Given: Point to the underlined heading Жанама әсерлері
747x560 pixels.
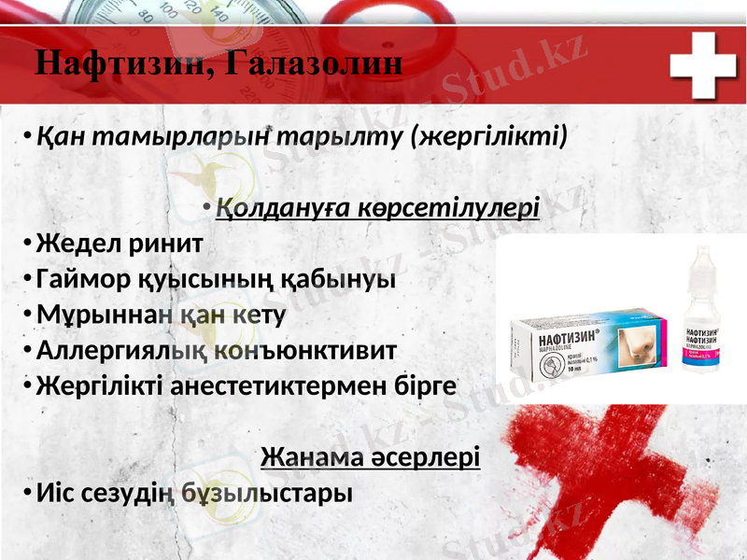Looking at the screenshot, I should point(371,457).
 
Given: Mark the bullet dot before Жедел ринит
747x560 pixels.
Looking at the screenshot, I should point(29,245).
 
